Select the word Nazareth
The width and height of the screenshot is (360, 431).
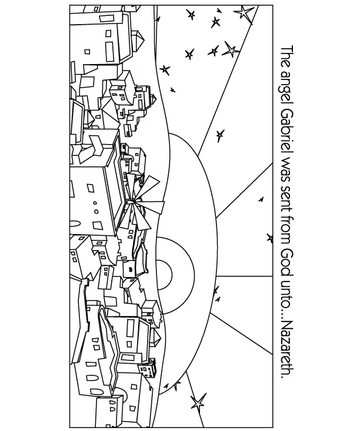286,352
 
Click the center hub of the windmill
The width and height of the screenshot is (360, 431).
136,204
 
